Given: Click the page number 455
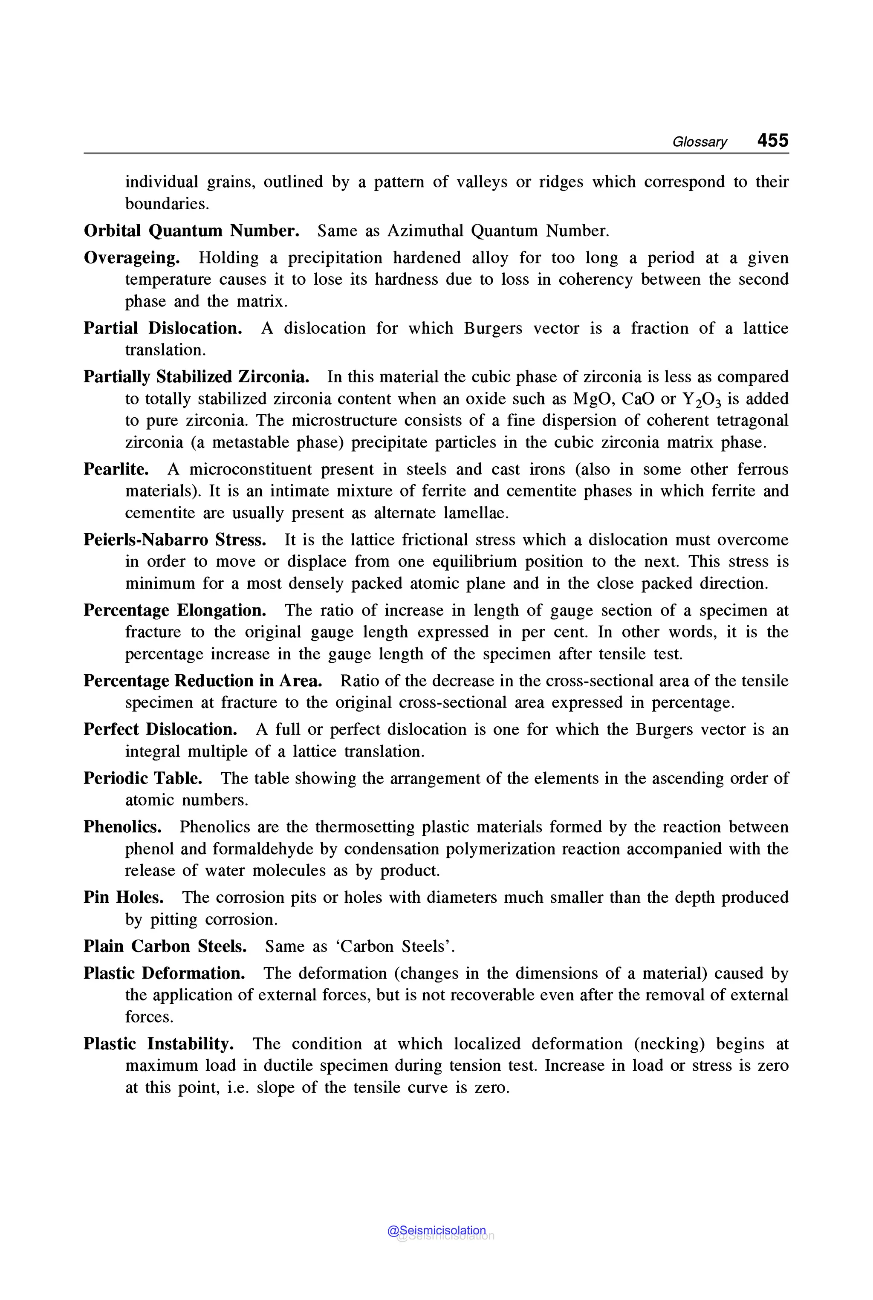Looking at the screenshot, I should click(772, 140).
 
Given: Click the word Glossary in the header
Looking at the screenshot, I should click(699, 142).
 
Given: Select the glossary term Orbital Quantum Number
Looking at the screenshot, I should click(191, 231).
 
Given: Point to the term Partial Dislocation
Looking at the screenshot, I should click(162, 328).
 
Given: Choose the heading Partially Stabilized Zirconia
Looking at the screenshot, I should click(197, 377).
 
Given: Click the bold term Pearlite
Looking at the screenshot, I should click(116, 469).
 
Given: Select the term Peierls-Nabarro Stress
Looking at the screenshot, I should click(175, 540).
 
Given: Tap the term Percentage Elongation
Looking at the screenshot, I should click(175, 610).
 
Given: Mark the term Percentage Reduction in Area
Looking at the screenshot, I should click(202, 680).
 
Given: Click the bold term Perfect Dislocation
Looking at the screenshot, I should click(160, 729).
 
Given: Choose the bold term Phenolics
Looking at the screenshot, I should click(122, 827).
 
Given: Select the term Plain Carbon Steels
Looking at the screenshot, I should click(165, 946).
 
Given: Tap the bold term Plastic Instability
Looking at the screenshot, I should click(159, 1043).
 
